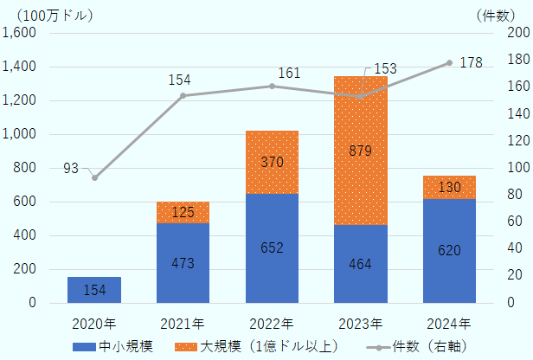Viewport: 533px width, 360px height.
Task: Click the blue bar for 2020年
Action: click(93, 290)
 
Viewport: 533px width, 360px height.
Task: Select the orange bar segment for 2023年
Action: click(360, 151)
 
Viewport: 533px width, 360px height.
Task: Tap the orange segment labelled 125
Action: click(183, 212)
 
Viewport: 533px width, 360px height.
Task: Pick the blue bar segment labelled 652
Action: click(272, 248)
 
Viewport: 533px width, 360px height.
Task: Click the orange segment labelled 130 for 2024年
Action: click(449, 187)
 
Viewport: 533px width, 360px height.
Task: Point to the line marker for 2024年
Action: click(449, 62)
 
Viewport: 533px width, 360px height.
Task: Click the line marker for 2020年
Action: click(94, 177)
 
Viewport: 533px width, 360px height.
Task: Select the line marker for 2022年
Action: click(272, 86)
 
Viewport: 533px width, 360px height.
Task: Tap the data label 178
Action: click(472, 62)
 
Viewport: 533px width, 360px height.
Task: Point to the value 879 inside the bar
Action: click(360, 151)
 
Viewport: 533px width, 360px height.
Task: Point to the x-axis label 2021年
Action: click(183, 325)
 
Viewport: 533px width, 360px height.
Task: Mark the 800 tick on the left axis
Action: click(25, 168)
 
